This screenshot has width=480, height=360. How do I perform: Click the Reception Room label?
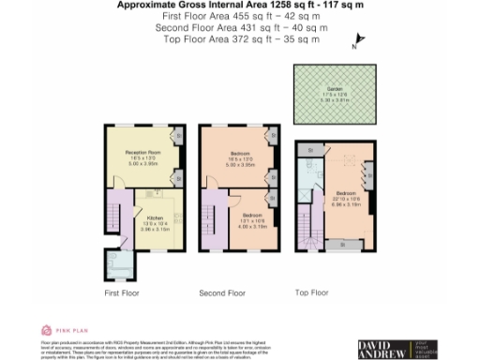[x=143, y=155]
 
